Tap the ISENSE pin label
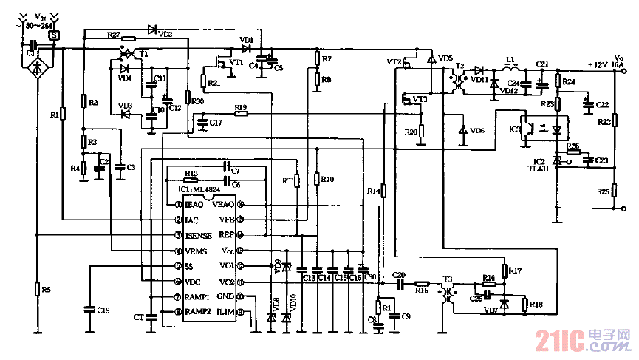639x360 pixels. [x=199, y=235]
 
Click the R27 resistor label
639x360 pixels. [x=112, y=34]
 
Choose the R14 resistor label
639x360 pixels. [x=374, y=191]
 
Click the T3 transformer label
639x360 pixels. [x=448, y=279]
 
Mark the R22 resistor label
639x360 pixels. [x=602, y=122]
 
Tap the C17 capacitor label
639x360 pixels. [x=215, y=122]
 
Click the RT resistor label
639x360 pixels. [x=287, y=180]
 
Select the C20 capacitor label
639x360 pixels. [x=400, y=274]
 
